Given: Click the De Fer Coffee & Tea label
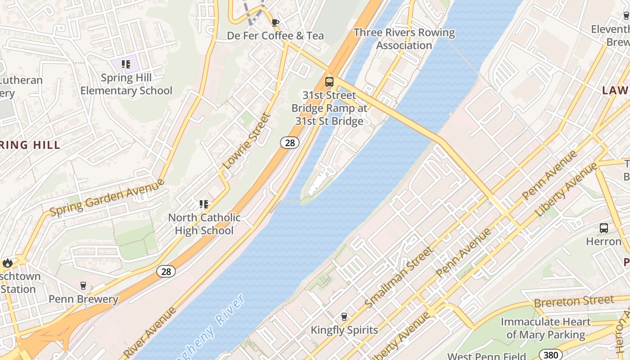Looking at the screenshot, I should [275, 36].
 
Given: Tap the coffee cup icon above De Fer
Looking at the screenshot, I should [275, 22].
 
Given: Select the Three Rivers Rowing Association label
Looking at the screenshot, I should [404, 39].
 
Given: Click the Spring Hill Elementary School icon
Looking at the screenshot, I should [126, 64].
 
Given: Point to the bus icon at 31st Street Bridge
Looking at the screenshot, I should [329, 82].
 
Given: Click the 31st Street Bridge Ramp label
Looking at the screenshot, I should [329, 108].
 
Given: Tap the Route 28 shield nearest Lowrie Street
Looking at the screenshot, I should [290, 143].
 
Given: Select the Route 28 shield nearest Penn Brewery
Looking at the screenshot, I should [166, 271].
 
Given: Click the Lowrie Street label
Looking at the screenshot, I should [247, 141].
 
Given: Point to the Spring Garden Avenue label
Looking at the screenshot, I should [107, 197].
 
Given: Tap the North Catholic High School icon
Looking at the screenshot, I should [204, 205].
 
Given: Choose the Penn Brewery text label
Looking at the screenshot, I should [83, 299].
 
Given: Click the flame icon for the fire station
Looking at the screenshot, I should [7, 263].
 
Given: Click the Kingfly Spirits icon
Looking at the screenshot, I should [344, 317].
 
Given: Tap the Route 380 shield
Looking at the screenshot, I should [550, 355].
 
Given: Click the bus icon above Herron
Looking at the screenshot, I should [603, 228].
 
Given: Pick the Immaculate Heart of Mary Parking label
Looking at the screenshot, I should [545, 328].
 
